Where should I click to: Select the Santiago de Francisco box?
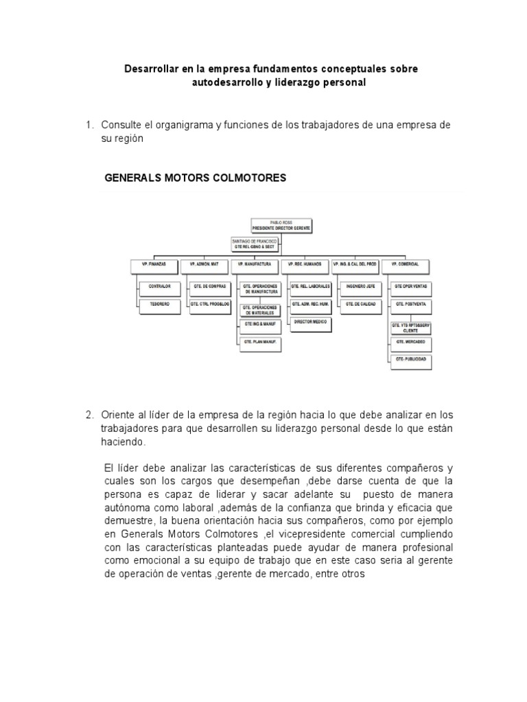(x=254, y=244)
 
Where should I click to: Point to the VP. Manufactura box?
(x=254, y=264)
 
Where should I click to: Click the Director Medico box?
(x=311, y=322)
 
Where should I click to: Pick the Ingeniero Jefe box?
(x=359, y=285)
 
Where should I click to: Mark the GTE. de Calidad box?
(x=359, y=302)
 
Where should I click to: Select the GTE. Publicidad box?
(x=411, y=359)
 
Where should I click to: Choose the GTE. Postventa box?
(x=411, y=302)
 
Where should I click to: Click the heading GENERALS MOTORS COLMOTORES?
(x=195, y=178)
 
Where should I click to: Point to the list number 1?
(x=89, y=125)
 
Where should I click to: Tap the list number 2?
(x=89, y=415)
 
